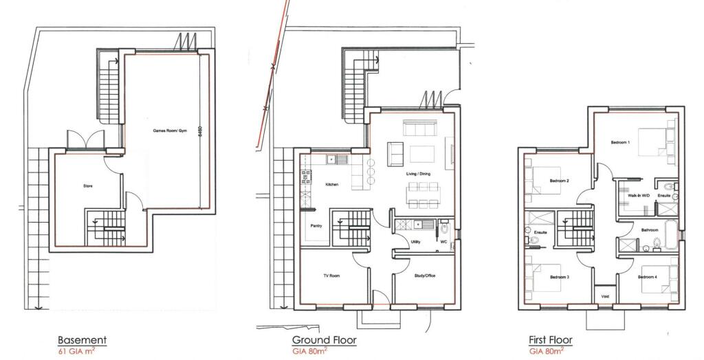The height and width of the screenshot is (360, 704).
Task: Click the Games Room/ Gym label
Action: (167, 131)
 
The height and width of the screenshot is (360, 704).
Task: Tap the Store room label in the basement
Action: (88, 186)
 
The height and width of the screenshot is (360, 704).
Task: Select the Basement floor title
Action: (82, 340)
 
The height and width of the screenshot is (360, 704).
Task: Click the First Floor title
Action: (550, 340)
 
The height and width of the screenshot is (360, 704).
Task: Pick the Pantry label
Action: (317, 225)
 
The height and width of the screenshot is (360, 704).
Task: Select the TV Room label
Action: (333, 275)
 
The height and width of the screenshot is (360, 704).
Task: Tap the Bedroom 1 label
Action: (620, 142)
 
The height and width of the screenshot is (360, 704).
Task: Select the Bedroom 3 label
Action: (559, 277)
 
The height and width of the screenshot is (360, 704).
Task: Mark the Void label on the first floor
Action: (605, 296)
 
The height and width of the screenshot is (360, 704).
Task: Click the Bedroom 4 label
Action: (647, 277)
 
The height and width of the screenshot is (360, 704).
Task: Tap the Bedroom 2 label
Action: (559, 181)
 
